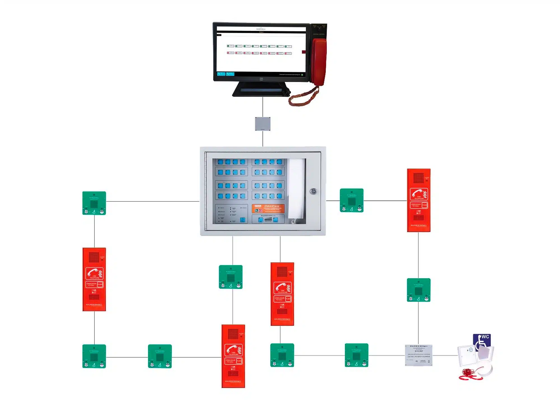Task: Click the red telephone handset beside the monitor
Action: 319,62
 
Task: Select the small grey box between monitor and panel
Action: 263,124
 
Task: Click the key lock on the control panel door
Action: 314,191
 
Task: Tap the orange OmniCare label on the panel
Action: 268,208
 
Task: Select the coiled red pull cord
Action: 469,374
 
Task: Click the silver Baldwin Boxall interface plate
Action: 419,355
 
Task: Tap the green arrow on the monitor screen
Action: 302,75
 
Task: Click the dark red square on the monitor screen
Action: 304,52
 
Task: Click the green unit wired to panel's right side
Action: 352,200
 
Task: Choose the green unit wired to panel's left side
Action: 94,203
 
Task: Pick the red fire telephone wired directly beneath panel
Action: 282,294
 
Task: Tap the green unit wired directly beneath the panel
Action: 231,277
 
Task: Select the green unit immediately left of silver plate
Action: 356,355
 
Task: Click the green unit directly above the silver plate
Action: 419,290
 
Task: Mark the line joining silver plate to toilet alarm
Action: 445,356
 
